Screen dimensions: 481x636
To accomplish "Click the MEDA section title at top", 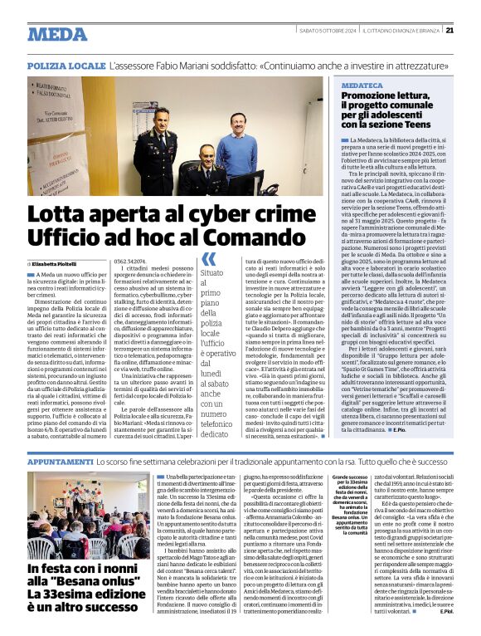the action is pos(57,34).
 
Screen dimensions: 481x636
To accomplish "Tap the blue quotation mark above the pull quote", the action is pos(209,259).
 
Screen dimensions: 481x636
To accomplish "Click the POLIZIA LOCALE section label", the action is pos(66,65).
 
